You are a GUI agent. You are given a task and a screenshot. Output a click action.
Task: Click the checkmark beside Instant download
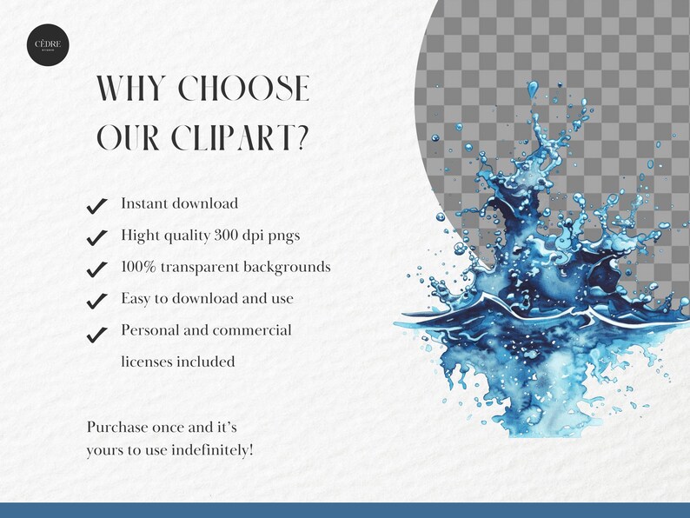pos(97,206)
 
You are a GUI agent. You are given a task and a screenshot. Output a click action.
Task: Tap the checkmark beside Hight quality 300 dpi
pos(97,237)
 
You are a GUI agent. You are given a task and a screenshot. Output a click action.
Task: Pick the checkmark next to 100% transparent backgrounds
pos(97,269)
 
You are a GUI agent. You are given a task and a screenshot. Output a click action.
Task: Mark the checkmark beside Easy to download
pos(97,301)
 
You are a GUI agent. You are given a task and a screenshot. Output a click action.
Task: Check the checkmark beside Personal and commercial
pos(97,332)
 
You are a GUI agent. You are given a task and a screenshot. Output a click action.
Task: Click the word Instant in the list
pos(144,203)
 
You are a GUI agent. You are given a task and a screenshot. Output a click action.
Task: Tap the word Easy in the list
pos(136,298)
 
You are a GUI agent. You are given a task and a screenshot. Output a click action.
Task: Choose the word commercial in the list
pos(252,330)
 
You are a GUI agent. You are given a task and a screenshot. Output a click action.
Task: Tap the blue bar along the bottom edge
pos(345,509)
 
